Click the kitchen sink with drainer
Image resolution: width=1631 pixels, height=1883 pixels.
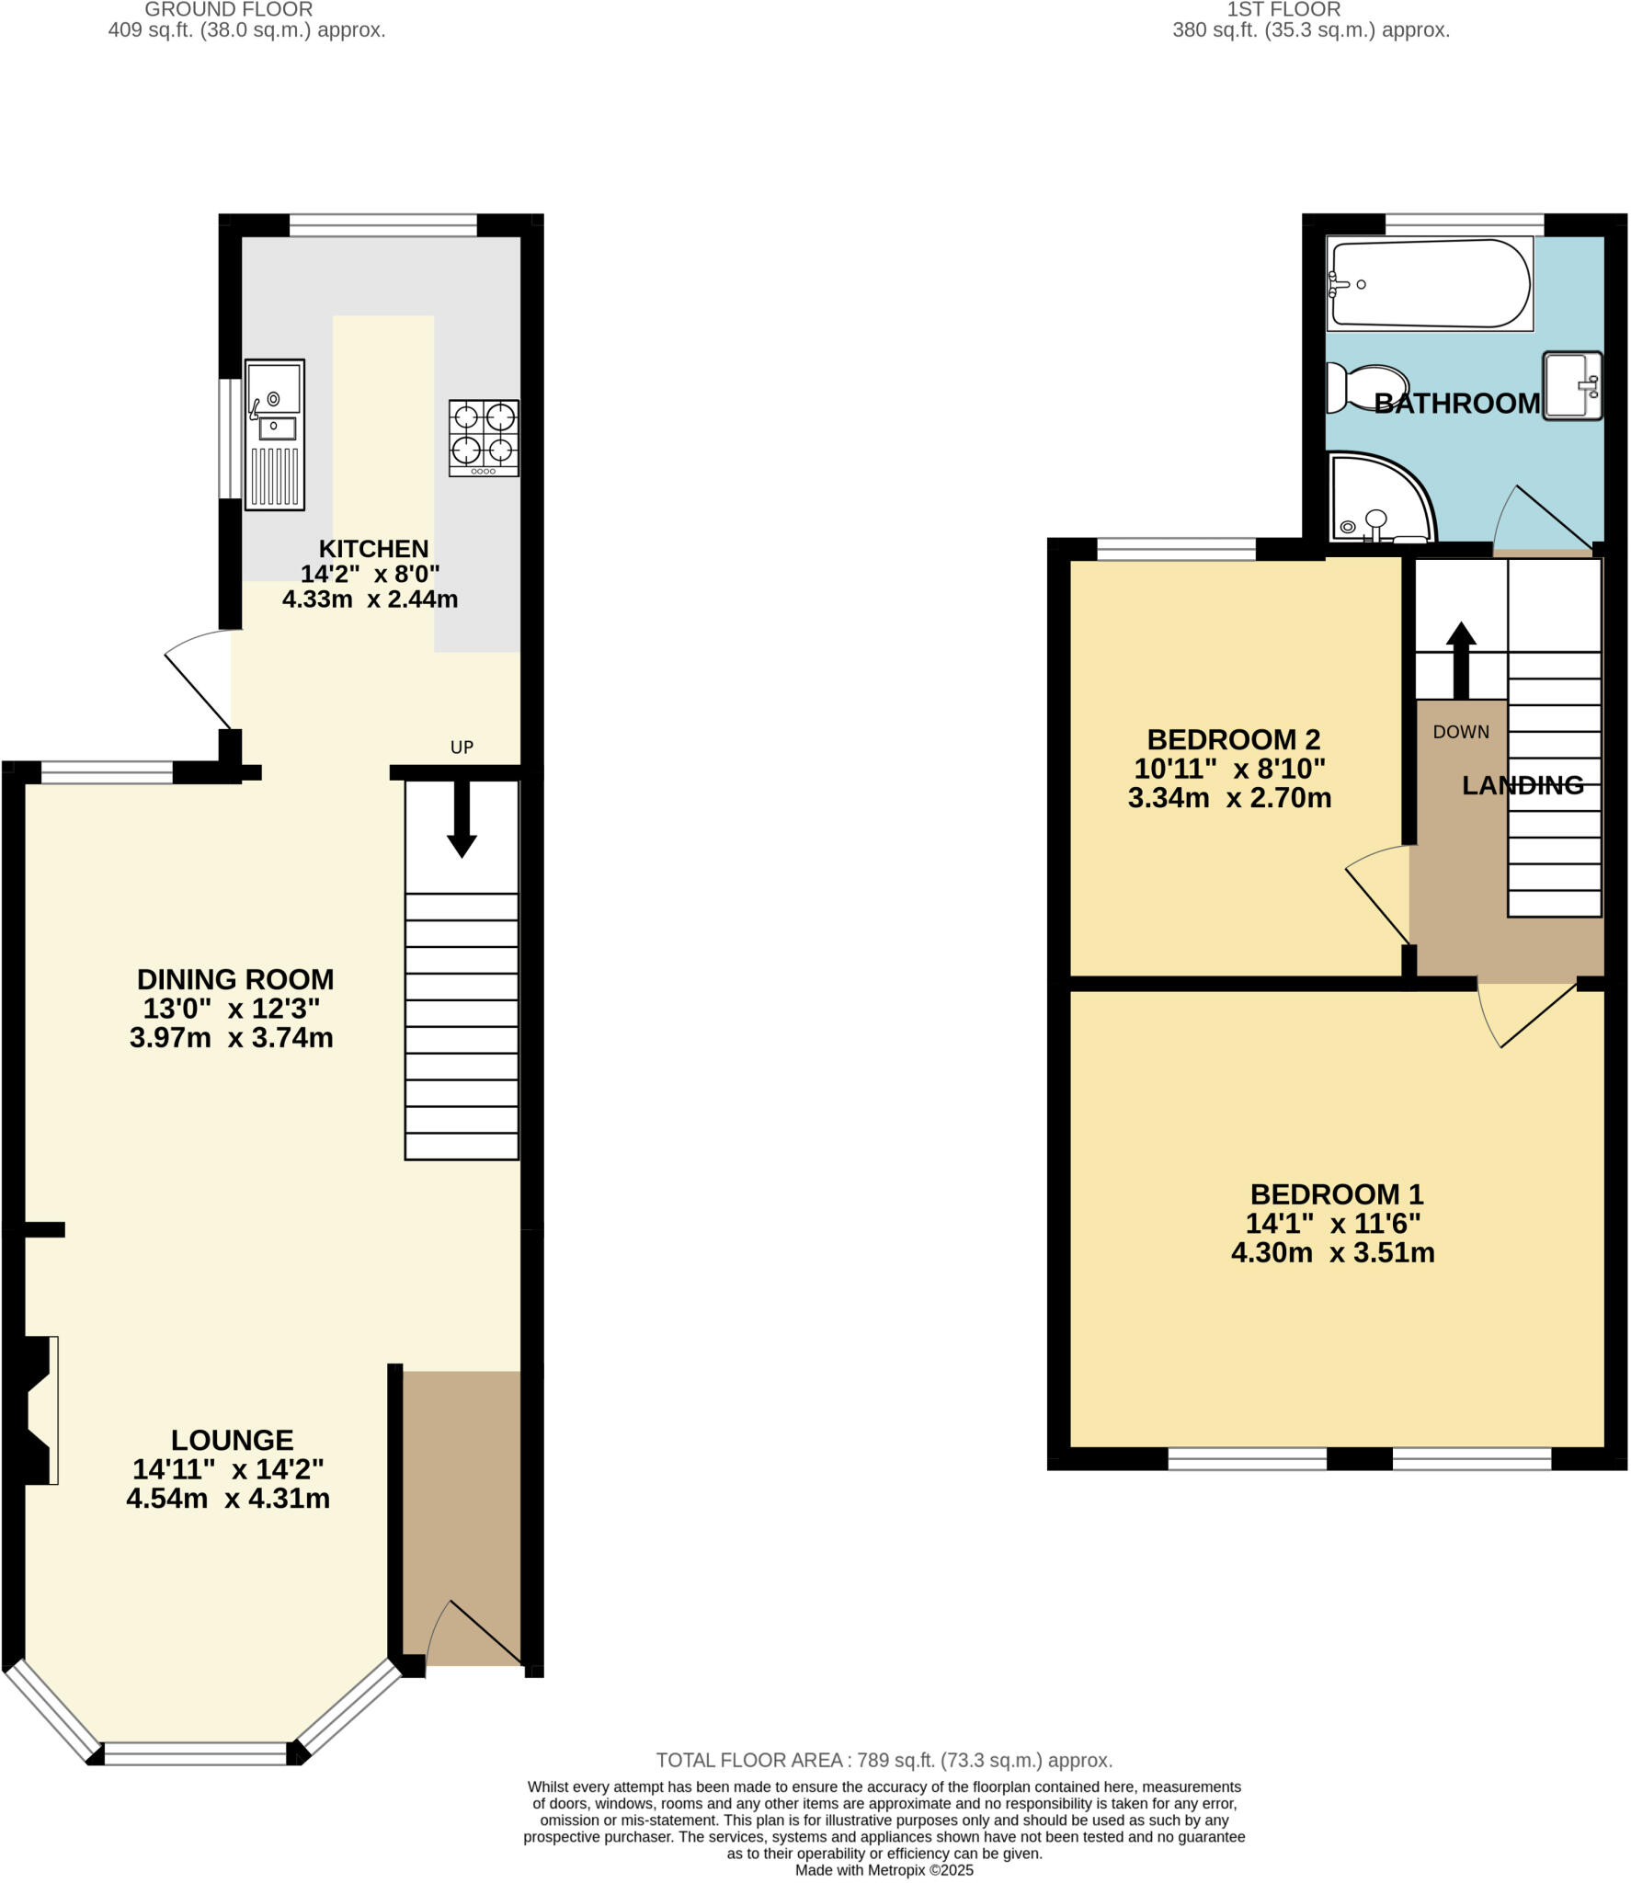tap(274, 434)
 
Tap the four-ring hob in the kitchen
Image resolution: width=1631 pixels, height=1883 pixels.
tap(484, 438)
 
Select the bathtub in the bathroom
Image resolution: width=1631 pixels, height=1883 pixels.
tap(1430, 283)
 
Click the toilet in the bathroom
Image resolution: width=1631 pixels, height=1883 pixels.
tap(1367, 388)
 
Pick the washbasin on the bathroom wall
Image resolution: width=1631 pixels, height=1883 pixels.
tap(1572, 385)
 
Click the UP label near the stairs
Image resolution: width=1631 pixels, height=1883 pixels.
tap(462, 747)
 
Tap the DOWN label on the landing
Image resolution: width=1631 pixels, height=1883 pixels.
tap(1460, 732)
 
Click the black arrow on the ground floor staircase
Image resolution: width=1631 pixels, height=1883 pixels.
tap(462, 818)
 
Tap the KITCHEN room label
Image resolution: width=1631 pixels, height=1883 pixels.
tap(373, 549)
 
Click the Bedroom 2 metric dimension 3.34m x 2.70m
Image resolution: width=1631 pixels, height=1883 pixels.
tap(1229, 798)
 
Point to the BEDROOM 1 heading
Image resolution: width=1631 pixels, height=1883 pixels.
tap(1336, 1194)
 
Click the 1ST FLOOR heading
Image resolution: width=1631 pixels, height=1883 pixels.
tap(1283, 10)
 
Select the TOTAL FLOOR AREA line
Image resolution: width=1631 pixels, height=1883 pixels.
tap(884, 1760)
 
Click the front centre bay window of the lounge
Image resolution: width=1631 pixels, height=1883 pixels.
tap(196, 1753)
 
